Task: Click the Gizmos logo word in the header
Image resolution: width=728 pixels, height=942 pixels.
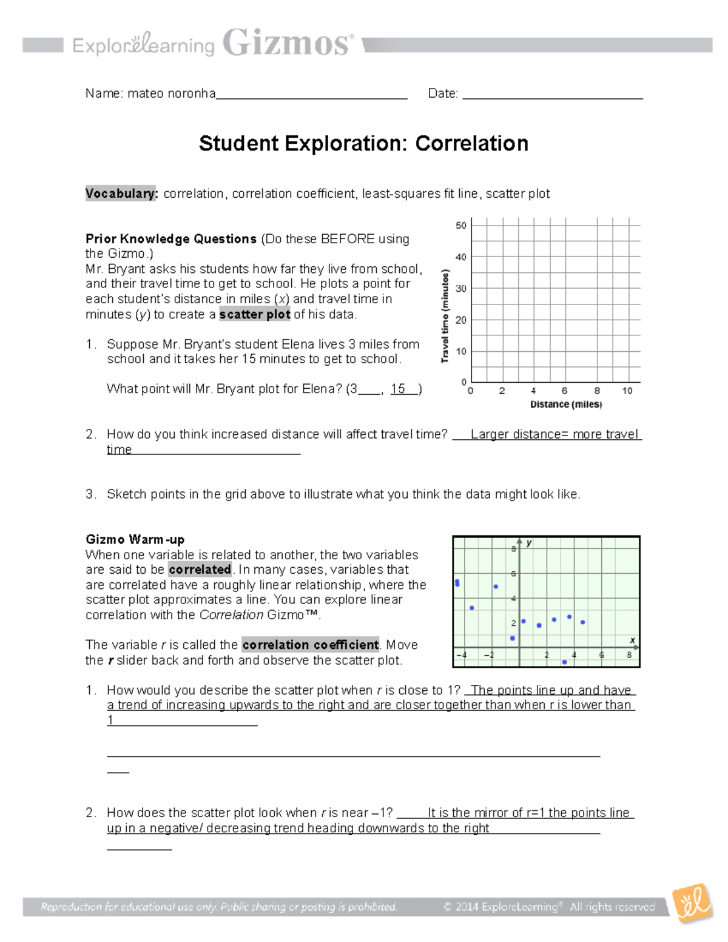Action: [x=287, y=43]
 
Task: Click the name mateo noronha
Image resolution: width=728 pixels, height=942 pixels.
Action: [x=171, y=93]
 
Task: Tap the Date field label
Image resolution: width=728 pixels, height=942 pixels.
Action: [x=443, y=93]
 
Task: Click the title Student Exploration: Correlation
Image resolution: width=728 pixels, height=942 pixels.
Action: [x=363, y=144]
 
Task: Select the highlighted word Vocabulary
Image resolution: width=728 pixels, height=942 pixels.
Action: [x=121, y=193]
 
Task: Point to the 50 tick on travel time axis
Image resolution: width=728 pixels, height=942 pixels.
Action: [x=461, y=226]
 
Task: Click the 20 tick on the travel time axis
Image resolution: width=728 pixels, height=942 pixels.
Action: [x=461, y=320]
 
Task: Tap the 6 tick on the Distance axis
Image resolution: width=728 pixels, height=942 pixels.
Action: [x=564, y=391]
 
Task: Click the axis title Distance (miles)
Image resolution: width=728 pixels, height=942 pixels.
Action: [x=566, y=405]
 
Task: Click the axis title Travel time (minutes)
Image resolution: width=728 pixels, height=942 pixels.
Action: [x=445, y=316]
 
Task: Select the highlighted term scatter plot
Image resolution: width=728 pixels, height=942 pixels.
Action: [x=255, y=314]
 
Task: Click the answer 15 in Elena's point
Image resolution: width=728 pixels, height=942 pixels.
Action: [x=399, y=389]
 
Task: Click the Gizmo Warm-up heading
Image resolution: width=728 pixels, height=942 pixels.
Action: [x=135, y=539]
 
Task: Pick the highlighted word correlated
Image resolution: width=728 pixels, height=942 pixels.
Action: [x=200, y=570]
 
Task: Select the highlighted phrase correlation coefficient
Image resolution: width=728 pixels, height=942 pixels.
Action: [x=311, y=645]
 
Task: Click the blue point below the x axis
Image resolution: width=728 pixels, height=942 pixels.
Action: [x=564, y=662]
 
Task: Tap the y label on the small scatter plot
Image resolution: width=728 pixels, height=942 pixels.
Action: [x=529, y=543]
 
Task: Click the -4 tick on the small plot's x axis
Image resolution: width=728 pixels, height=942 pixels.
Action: [x=462, y=655]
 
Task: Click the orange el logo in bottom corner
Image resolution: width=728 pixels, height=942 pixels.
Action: [x=694, y=903]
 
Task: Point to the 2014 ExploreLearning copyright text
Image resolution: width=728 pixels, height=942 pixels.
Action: [x=549, y=907]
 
